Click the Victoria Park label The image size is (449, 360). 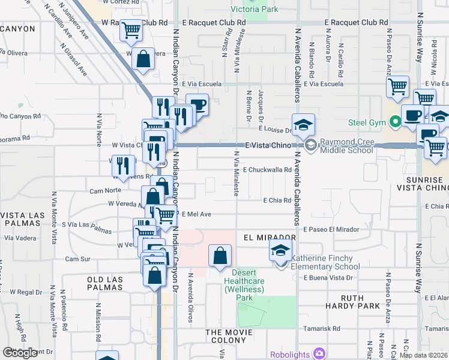pyautogui.click(x=255, y=9)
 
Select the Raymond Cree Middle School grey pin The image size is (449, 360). pyautogui.click(x=311, y=145)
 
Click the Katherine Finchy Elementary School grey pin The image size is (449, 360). pyautogui.click(x=282, y=262)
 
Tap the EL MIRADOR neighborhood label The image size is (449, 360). pyautogui.click(x=270, y=237)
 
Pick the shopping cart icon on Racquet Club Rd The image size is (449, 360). pyautogui.click(x=131, y=30)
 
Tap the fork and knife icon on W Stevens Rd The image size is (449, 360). pyautogui.click(x=122, y=166)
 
